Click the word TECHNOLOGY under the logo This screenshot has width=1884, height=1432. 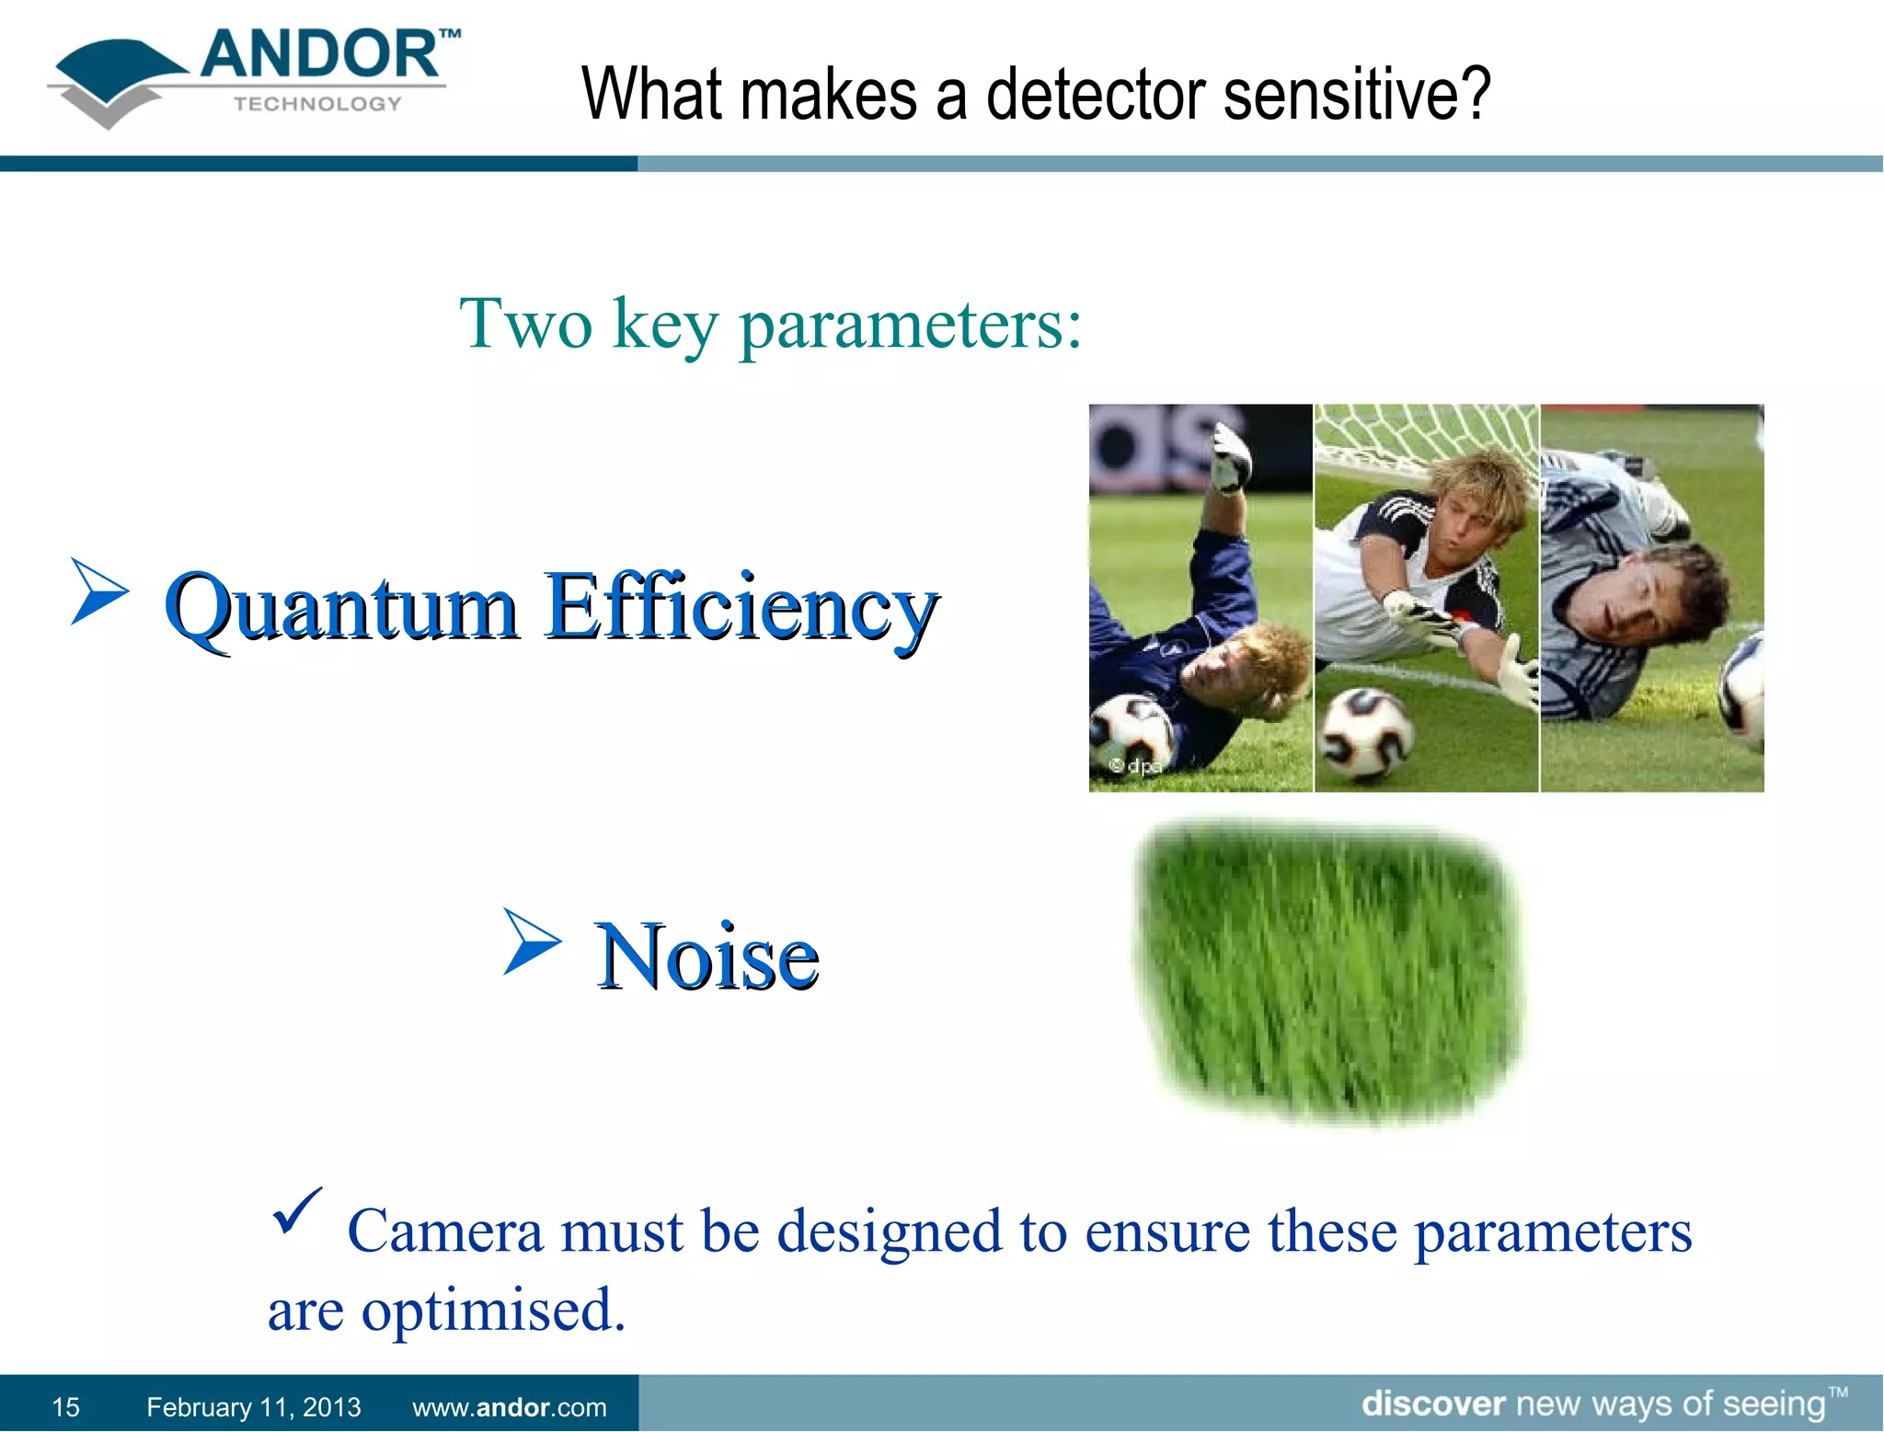317,104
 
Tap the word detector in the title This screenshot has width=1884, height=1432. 1095,95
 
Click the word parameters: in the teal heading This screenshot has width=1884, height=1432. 911,326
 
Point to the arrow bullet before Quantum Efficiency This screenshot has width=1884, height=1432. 98,591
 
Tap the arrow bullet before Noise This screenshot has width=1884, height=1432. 532,941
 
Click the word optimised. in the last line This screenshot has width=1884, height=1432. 493,1310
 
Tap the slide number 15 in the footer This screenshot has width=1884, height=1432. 65,1406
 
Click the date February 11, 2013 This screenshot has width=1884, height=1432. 253,1406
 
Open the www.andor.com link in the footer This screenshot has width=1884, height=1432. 509,1406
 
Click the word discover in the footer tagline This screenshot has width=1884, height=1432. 1432,1403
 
